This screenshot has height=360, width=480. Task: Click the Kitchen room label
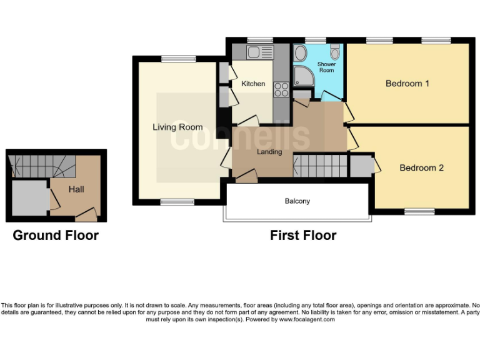253,84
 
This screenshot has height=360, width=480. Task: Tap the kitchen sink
257,52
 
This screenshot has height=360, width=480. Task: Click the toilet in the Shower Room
335,51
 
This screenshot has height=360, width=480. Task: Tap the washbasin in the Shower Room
300,51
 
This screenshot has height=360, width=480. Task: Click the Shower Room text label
326,67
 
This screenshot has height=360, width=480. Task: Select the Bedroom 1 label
407,84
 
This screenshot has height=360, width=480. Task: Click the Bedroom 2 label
421,167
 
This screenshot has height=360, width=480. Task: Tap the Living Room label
177,127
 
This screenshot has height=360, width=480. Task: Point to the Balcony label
297,201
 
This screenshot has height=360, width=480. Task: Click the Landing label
269,152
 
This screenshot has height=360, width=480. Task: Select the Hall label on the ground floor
76,189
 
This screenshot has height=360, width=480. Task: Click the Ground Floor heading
56,236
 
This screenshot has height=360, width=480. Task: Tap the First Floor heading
302,236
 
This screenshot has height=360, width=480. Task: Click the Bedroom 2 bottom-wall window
419,212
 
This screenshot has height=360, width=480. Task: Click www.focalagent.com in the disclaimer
306,319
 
